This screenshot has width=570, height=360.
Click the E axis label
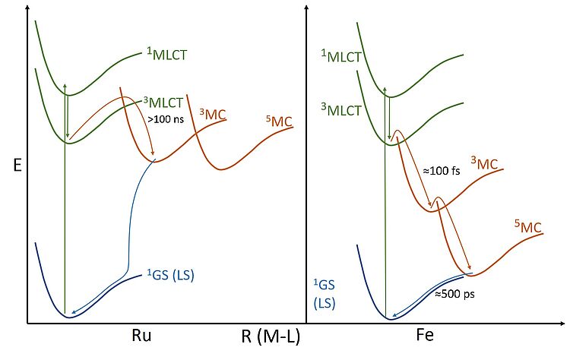point(17,166)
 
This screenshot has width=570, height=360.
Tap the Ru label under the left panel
point(141,336)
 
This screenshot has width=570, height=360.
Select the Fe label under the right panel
point(425,335)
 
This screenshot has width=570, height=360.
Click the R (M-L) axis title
point(271,336)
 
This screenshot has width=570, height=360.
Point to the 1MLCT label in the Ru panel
point(167,55)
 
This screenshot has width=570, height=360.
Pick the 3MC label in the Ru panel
point(213,115)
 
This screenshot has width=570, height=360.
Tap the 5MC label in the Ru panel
point(279,122)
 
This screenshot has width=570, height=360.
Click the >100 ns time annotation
point(166,118)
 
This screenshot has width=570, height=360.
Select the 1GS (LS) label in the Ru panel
point(170,275)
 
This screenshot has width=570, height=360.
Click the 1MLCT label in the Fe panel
point(341,56)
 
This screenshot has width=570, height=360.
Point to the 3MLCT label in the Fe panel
point(341,109)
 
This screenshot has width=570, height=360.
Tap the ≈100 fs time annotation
point(442,170)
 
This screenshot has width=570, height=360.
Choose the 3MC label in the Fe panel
point(485,163)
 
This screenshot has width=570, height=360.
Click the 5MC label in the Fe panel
point(528,227)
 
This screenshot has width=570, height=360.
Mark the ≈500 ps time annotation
point(454,293)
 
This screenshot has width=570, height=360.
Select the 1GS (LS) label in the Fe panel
point(325,293)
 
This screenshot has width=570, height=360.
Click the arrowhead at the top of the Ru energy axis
point(27,8)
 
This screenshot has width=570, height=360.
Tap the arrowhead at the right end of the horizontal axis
point(562,323)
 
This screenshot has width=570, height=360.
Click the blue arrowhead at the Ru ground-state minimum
point(74,311)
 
